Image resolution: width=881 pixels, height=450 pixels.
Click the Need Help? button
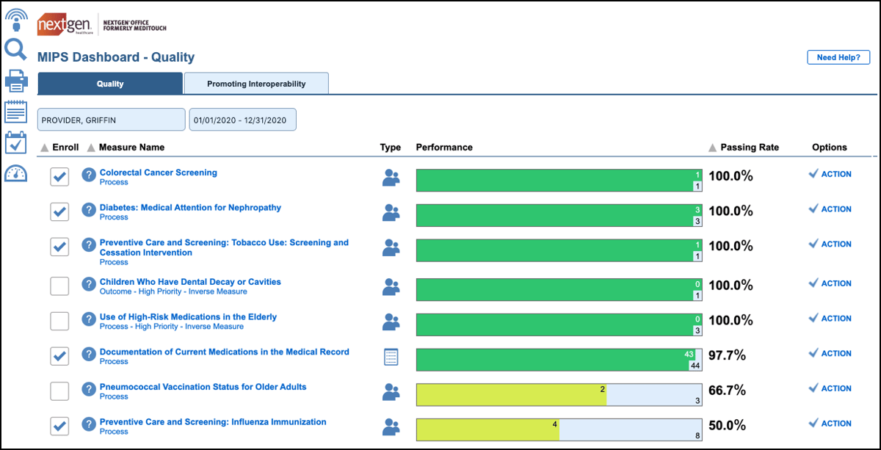(x=838, y=57)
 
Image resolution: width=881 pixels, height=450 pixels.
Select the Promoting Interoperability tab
(x=256, y=84)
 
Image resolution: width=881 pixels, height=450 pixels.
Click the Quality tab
(x=110, y=84)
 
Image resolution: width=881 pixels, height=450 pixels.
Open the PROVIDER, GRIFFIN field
(x=112, y=120)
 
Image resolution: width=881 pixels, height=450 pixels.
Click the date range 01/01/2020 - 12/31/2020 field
(x=242, y=120)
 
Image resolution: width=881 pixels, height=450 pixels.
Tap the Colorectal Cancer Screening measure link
(x=159, y=173)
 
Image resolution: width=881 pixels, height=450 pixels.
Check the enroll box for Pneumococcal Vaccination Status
(x=59, y=391)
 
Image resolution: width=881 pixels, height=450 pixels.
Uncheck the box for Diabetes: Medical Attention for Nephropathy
(x=59, y=211)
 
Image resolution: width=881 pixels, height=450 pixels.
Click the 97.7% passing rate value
(x=727, y=355)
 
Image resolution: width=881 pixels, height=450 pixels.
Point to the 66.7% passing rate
(x=727, y=390)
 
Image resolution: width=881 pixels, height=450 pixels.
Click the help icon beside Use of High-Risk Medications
(x=89, y=321)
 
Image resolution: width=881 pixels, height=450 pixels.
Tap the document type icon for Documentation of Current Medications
(x=391, y=357)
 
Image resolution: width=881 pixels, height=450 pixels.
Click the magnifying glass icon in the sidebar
(x=15, y=49)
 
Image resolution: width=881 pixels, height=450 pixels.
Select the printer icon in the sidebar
(x=16, y=80)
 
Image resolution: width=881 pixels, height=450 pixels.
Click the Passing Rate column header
(x=749, y=148)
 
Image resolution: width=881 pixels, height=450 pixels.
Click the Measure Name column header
(x=131, y=148)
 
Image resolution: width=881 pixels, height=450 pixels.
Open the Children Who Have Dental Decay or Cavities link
(x=190, y=282)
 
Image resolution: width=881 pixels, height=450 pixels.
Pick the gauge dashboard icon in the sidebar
(x=15, y=174)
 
